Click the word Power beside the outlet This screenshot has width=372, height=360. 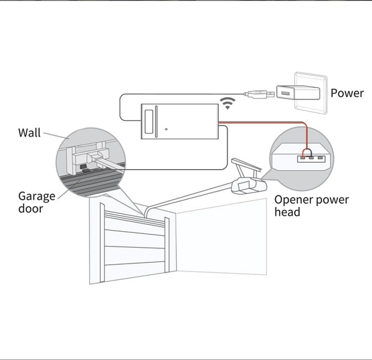point(347,93)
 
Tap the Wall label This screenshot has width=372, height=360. point(29,133)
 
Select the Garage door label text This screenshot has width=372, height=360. point(37,202)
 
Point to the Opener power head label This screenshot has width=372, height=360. point(311,206)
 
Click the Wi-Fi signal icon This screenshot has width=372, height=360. point(227,103)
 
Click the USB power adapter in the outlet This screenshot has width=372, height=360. point(298,93)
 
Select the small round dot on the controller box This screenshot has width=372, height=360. point(166,129)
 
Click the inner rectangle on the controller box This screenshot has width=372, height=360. point(149,121)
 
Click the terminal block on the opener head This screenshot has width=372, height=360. point(311,159)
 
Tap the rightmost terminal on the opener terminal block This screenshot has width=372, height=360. point(320,158)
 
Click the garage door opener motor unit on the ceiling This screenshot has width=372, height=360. point(249,185)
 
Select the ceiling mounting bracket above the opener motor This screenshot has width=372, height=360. point(247,167)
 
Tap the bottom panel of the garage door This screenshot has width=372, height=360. point(134,272)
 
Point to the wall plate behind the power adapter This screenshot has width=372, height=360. point(311,93)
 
